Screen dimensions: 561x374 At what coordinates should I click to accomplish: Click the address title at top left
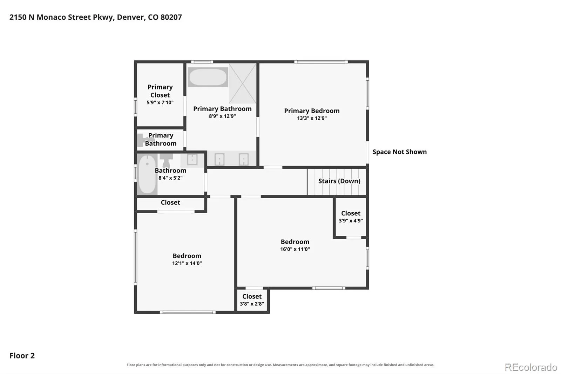[x=96, y=17]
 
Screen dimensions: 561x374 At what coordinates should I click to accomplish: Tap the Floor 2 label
[x=22, y=355]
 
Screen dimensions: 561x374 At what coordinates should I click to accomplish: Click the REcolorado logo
[x=531, y=367]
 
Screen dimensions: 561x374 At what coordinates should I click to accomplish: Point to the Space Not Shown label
[x=399, y=152]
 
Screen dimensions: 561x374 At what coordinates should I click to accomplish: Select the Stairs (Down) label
[x=339, y=181]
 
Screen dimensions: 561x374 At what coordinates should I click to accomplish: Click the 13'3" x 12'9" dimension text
[x=312, y=118]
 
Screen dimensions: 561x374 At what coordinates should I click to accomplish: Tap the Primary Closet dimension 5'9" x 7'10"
[x=160, y=102]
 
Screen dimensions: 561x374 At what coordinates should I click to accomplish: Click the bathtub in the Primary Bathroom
[x=208, y=77]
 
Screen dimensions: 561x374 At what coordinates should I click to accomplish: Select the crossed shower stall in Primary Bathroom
[x=242, y=83]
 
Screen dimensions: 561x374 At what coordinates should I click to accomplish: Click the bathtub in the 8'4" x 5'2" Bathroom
[x=147, y=174]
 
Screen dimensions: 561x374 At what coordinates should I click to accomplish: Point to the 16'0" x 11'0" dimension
[x=295, y=249]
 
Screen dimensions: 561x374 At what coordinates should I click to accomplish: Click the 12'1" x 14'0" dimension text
[x=187, y=263]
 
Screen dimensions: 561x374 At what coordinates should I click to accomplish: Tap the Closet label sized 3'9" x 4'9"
[x=351, y=213]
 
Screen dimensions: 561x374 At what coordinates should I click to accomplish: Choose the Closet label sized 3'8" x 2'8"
[x=252, y=296]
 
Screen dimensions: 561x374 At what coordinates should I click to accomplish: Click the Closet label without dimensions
[x=170, y=202]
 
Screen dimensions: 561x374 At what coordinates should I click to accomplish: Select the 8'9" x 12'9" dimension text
[x=222, y=116]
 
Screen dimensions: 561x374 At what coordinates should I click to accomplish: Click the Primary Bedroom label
[x=312, y=111]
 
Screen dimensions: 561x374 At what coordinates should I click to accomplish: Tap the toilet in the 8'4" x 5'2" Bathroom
[x=166, y=161]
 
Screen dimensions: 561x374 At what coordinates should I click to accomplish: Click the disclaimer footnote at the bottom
[x=280, y=365]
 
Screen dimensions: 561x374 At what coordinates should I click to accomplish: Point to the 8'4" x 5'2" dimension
[x=170, y=178]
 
